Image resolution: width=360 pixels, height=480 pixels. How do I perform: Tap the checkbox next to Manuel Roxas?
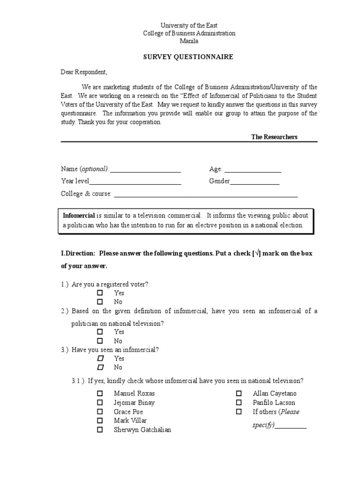(x=100, y=393)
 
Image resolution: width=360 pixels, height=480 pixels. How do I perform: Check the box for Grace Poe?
(x=100, y=412)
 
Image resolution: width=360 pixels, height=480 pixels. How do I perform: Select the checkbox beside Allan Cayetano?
(x=239, y=393)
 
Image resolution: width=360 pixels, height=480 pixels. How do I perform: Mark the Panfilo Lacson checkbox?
(x=239, y=402)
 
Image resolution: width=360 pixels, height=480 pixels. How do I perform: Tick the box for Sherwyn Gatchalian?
(x=100, y=429)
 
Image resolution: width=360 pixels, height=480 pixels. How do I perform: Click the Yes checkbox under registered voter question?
(x=100, y=292)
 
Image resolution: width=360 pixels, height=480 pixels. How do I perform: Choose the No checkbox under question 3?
(x=100, y=367)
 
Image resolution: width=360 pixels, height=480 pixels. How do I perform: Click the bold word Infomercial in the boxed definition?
(x=79, y=216)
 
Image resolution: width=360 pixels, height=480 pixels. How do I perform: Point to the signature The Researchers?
(x=274, y=137)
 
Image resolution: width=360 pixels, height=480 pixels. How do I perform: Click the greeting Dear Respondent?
(x=84, y=72)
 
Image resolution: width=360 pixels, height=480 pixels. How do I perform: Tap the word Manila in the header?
(x=189, y=41)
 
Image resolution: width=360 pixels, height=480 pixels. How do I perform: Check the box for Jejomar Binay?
(x=100, y=402)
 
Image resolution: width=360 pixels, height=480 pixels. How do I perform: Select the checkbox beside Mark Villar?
(x=100, y=420)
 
